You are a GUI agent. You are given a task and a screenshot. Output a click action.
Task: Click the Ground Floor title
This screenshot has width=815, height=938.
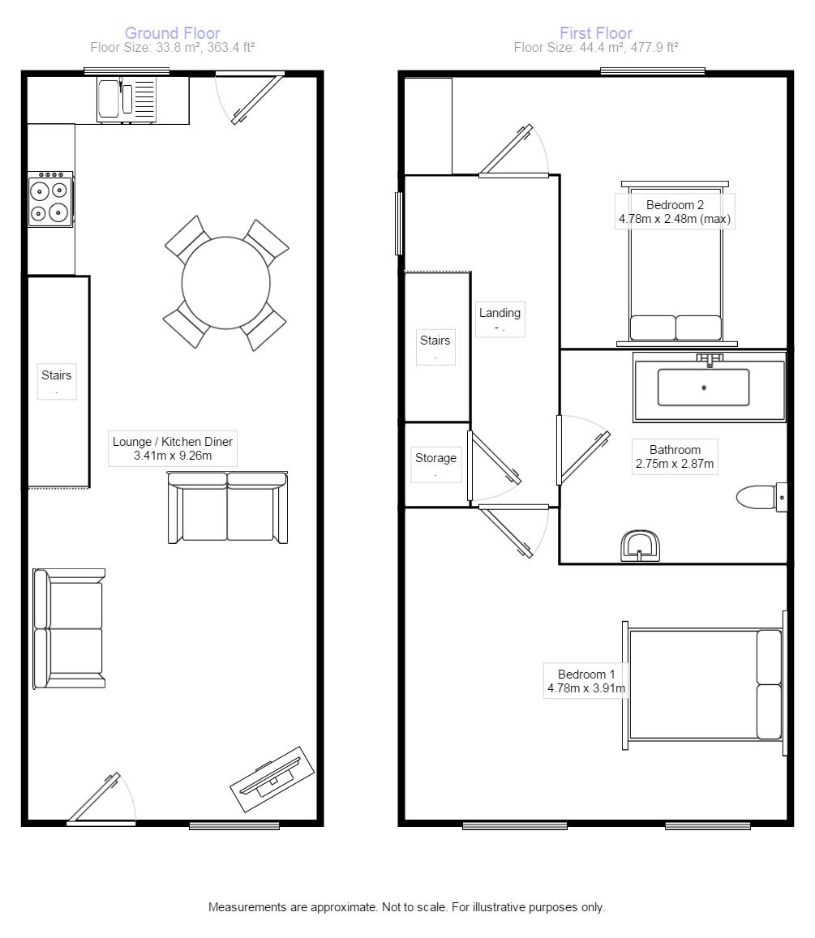coord(173,33)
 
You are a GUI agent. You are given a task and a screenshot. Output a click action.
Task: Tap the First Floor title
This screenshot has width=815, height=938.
coord(596,33)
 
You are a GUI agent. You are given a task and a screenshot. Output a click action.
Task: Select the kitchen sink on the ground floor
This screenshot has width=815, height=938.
coord(127,101)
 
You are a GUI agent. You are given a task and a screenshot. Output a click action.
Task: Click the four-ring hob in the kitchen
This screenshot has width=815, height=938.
coord(50,199)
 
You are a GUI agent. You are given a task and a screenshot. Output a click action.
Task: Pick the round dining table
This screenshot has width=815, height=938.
coord(226,282)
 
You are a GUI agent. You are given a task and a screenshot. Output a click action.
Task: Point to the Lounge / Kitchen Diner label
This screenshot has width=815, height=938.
coord(173,448)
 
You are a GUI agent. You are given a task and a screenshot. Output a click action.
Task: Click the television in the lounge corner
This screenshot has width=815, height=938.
coord(272,779)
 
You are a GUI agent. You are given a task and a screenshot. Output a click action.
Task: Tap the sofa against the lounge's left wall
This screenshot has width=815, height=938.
coord(69,628)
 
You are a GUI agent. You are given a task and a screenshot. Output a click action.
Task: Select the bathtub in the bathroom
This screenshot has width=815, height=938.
coord(709,387)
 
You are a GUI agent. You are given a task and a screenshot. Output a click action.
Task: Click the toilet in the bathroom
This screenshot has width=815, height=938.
coord(761,497)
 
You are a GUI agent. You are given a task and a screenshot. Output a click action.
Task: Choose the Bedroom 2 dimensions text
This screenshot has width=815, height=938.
coord(675,219)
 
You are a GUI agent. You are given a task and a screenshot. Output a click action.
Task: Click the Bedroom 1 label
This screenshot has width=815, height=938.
coord(586,675)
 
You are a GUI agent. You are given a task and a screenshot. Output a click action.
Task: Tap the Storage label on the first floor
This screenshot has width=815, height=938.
coord(435,457)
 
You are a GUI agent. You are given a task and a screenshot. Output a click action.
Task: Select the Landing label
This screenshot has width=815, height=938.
coord(500,312)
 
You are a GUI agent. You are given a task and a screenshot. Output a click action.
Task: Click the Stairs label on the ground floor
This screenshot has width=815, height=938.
coord(56,375)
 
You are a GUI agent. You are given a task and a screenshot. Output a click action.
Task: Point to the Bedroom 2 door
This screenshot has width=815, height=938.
coord(513,152)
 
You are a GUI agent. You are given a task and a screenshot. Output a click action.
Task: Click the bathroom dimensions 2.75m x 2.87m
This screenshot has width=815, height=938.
coord(675,464)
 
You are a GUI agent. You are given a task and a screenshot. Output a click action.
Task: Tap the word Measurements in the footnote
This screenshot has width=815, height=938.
coord(247,907)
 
